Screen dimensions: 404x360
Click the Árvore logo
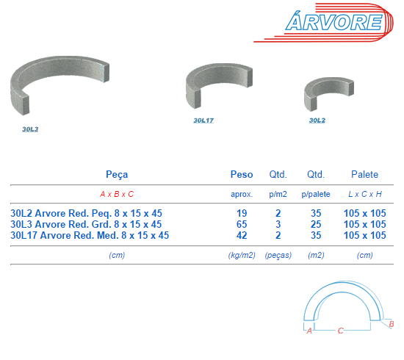pyautogui.click(x=324, y=23)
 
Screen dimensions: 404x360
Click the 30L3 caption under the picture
pyautogui.click(x=30, y=129)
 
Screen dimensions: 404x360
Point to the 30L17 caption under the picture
pyautogui.click(x=203, y=120)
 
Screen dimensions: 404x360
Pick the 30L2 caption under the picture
pyautogui.click(x=317, y=120)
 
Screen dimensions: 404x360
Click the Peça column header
pyautogui.click(x=117, y=175)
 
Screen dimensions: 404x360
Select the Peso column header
pyautogui.click(x=242, y=174)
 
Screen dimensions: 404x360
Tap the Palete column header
pyautogui.click(x=364, y=174)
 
